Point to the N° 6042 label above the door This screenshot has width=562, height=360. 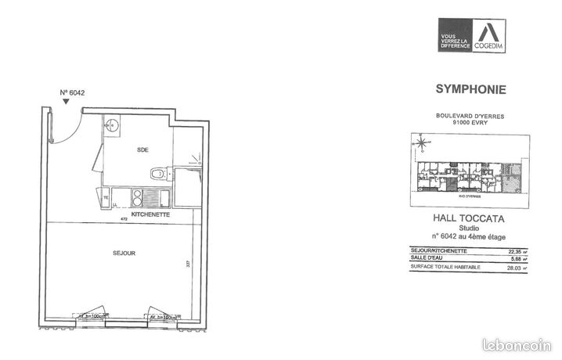(72, 92)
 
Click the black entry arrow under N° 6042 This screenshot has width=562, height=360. (65, 102)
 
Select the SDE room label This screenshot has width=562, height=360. (142, 149)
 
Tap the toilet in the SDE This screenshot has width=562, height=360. (160, 172)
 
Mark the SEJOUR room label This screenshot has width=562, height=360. (124, 253)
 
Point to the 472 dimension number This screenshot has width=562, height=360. (122, 220)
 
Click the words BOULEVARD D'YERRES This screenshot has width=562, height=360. (469, 116)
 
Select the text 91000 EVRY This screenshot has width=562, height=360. (469, 123)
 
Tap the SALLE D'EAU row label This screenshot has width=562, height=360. (427, 258)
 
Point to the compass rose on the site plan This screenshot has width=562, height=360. (422, 143)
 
